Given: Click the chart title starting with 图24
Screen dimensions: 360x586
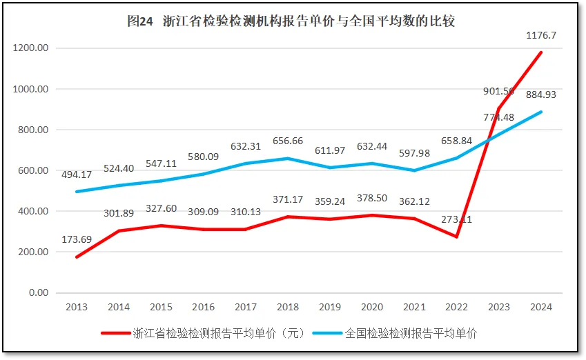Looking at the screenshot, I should click(291, 21).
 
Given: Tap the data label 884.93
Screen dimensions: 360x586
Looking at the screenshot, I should click(541, 94).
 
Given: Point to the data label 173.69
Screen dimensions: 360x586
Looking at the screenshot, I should click(77, 240).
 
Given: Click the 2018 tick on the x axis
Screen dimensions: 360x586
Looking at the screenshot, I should click(287, 307).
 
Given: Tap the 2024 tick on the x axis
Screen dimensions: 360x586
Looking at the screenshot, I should click(541, 307).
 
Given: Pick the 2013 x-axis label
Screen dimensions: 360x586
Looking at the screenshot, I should click(76, 307).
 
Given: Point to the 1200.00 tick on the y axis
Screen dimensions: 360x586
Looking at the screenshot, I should click(30, 48).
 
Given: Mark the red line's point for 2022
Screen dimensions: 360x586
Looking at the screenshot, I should click(457, 237).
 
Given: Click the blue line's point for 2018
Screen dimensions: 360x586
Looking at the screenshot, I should click(288, 159).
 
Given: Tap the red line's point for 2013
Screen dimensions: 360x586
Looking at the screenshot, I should click(76, 257).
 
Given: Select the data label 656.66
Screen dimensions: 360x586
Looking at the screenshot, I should click(288, 141).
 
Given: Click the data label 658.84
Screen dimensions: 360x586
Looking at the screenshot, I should click(457, 141).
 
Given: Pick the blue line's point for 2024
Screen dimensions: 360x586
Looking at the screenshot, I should click(541, 112).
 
